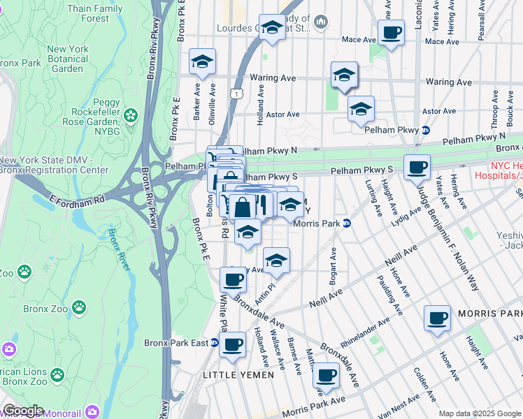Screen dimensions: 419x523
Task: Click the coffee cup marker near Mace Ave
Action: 391,31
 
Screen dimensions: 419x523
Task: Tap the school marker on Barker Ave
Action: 202,63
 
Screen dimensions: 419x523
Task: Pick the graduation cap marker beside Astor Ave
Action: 361,109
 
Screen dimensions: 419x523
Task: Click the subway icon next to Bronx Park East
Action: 215,343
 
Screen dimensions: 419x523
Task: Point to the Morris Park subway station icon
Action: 347,223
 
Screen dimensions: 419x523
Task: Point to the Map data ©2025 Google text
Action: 478,413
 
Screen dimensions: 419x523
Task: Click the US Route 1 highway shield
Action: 238,93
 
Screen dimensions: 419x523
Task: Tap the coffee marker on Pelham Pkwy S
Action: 417,167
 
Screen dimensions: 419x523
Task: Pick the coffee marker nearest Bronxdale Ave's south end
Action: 325,376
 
